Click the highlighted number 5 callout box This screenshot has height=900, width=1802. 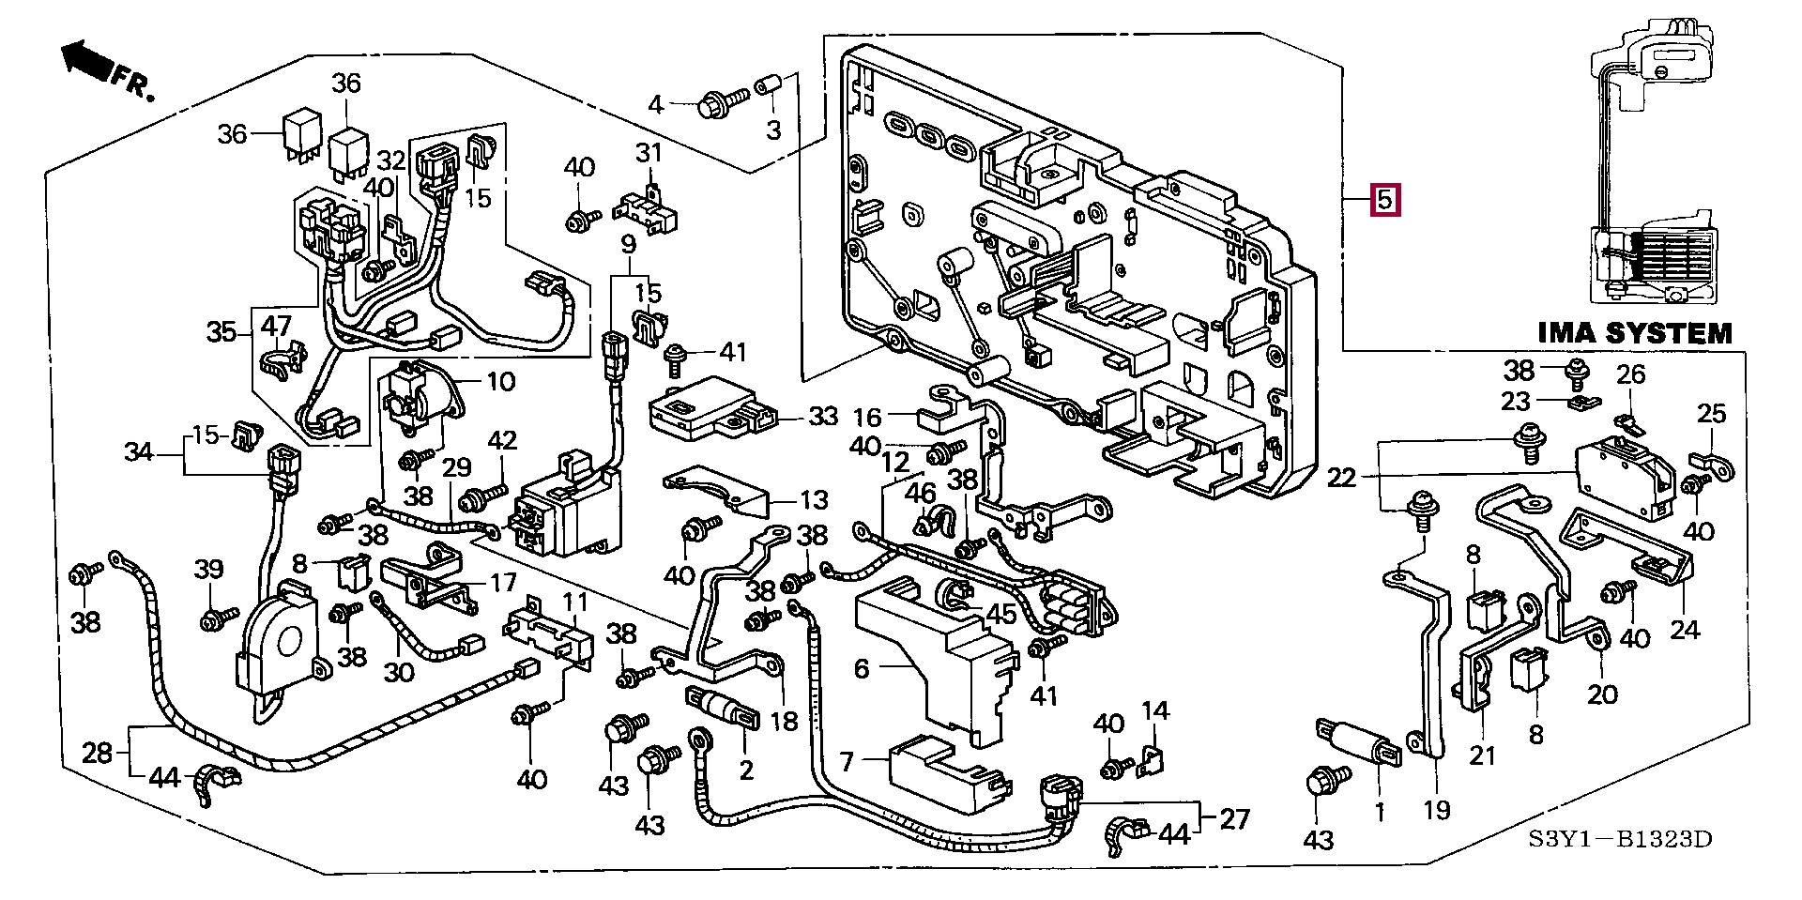[x=1385, y=200]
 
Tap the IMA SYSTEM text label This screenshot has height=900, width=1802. [x=1635, y=333]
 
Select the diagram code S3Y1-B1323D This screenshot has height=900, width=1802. [x=1620, y=838]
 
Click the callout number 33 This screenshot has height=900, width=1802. [x=822, y=416]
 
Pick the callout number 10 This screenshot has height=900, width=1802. [x=501, y=381]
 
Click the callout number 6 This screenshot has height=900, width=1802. [x=862, y=668]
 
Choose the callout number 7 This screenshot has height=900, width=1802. [x=847, y=761]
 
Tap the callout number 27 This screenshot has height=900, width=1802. [x=1235, y=818]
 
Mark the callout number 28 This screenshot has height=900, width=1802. [x=97, y=752]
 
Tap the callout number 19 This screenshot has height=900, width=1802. [x=1437, y=809]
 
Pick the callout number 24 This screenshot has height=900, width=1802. [x=1685, y=629]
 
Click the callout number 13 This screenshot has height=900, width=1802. [x=814, y=500]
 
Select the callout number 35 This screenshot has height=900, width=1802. [x=221, y=331]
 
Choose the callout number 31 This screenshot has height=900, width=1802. [x=649, y=152]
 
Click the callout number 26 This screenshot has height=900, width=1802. [x=1631, y=374]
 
